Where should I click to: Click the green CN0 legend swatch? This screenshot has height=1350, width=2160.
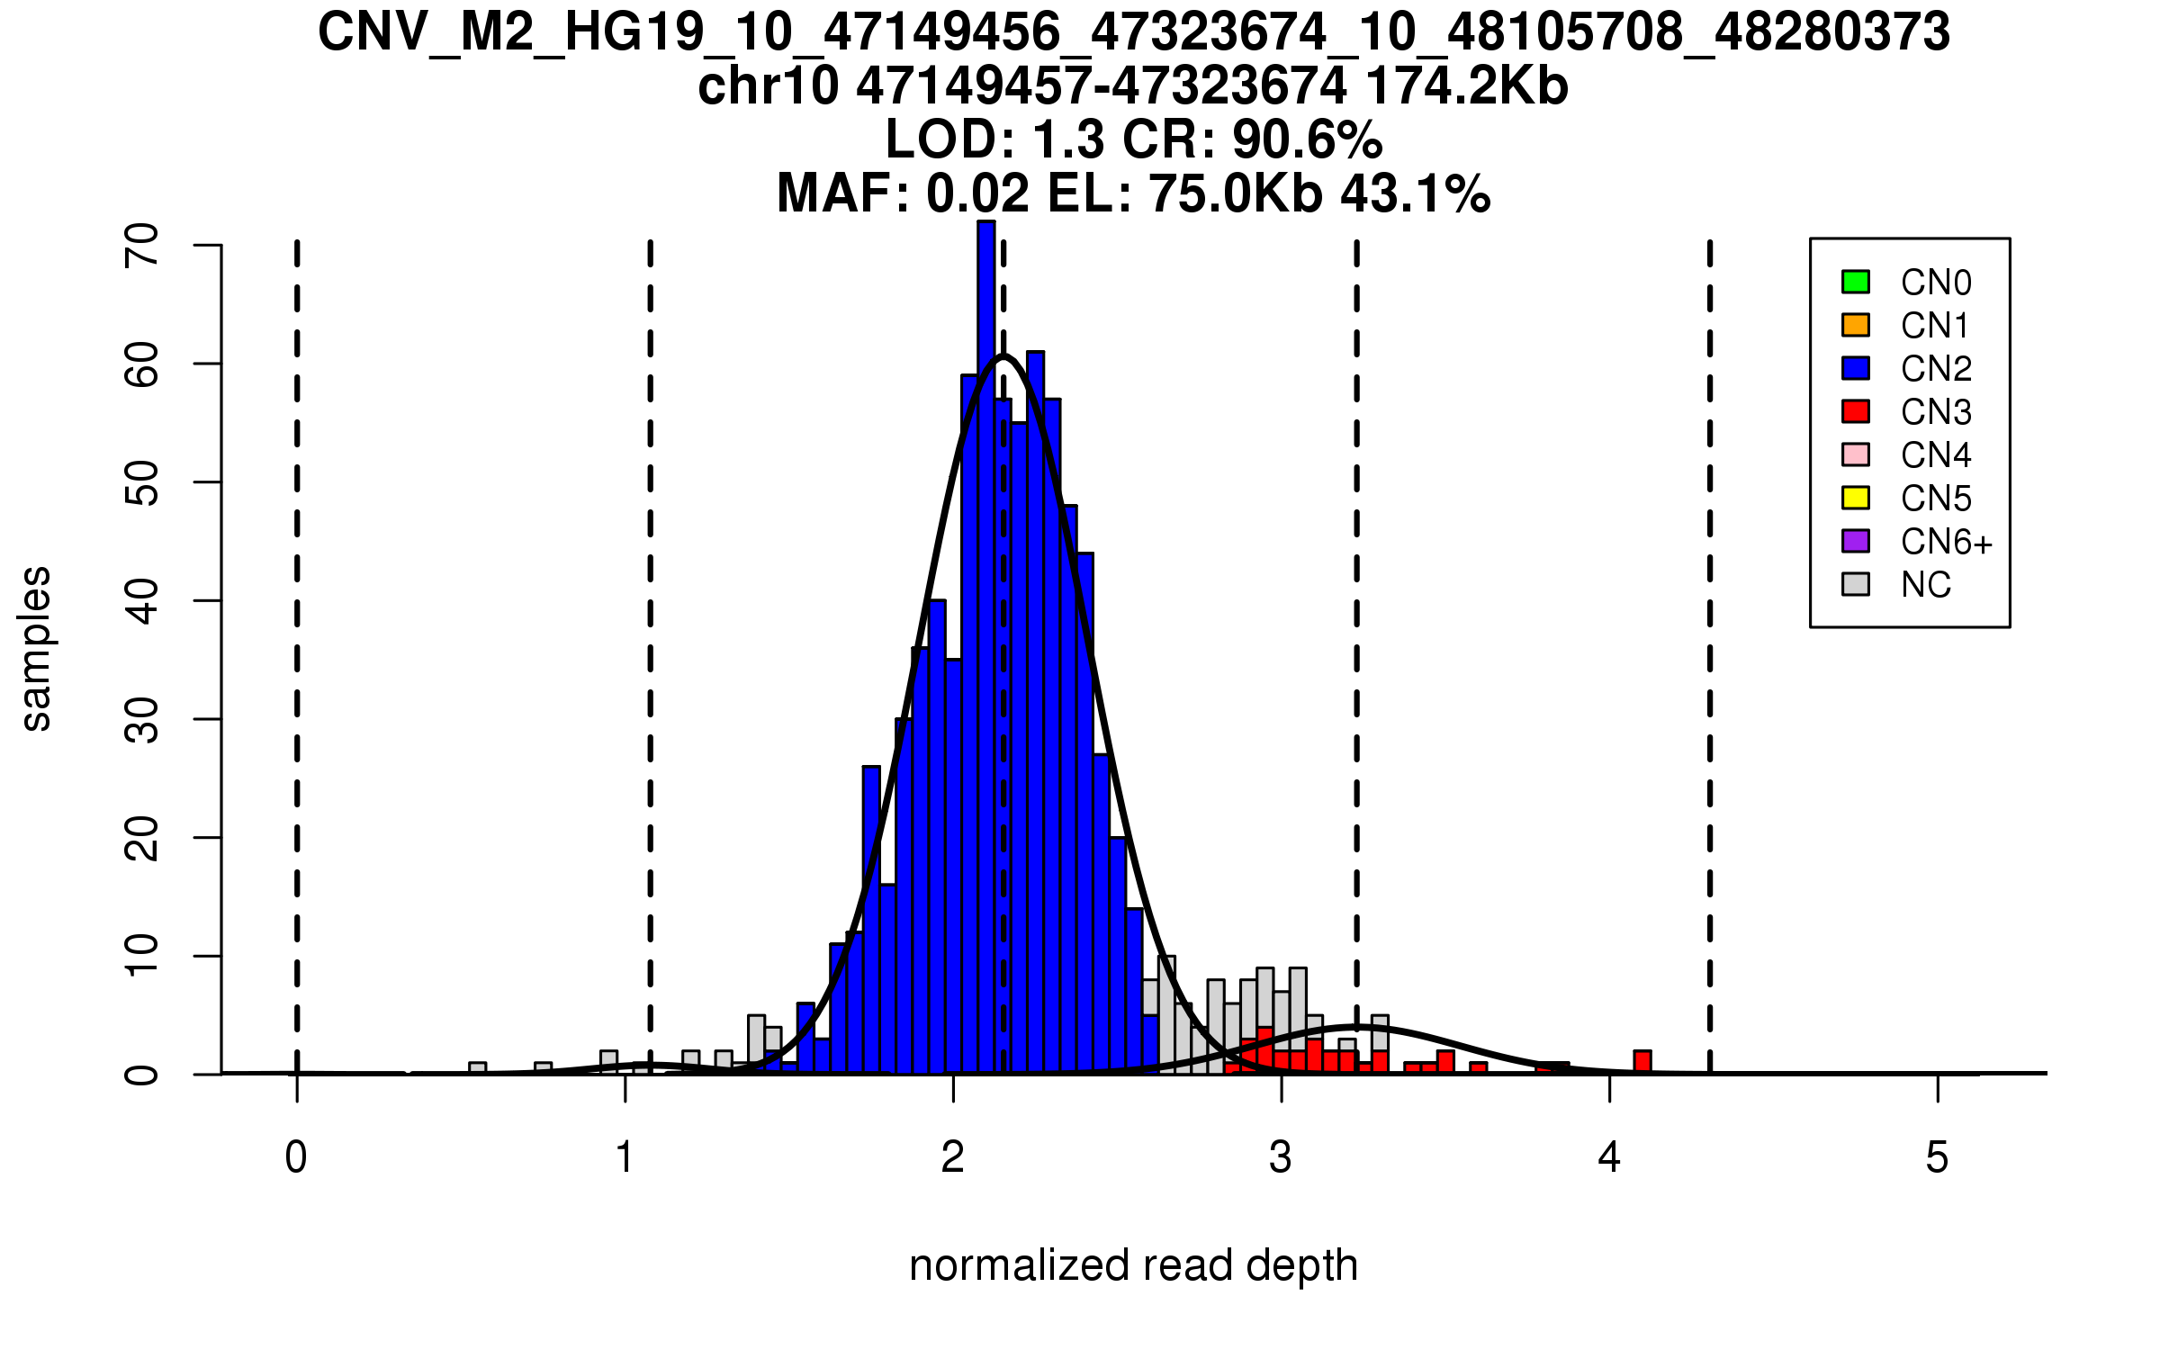click(x=1856, y=282)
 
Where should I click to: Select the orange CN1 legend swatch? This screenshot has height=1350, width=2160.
click(x=1856, y=325)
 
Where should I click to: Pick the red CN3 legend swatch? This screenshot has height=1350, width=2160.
click(x=1856, y=411)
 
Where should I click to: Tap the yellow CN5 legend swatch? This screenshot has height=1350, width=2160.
click(x=1856, y=498)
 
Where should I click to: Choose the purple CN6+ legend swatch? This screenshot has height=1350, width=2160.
click(x=1856, y=541)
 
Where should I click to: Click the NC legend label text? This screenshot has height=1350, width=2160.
click(x=1926, y=585)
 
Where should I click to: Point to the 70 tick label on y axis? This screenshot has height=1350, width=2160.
click(x=142, y=245)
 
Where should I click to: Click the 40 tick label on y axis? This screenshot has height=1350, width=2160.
click(x=142, y=600)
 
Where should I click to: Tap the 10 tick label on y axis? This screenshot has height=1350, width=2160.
click(x=142, y=956)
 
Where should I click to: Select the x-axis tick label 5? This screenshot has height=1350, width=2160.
click(x=1937, y=1157)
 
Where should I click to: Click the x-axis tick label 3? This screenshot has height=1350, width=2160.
click(x=1281, y=1157)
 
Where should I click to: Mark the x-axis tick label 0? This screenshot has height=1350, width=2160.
click(x=296, y=1157)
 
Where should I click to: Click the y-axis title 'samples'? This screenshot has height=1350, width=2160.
click(x=36, y=648)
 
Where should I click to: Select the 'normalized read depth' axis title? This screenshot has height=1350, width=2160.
click(x=1133, y=1265)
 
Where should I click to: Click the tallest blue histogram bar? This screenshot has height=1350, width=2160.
click(x=986, y=648)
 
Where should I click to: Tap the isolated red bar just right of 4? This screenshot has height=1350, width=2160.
click(x=1642, y=1062)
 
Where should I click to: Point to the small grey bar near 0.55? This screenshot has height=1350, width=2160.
click(x=478, y=1068)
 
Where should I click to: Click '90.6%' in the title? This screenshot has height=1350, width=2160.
click(x=1307, y=140)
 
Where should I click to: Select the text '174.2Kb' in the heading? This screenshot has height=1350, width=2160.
click(x=1466, y=86)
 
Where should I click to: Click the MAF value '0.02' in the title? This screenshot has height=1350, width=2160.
click(x=977, y=193)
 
